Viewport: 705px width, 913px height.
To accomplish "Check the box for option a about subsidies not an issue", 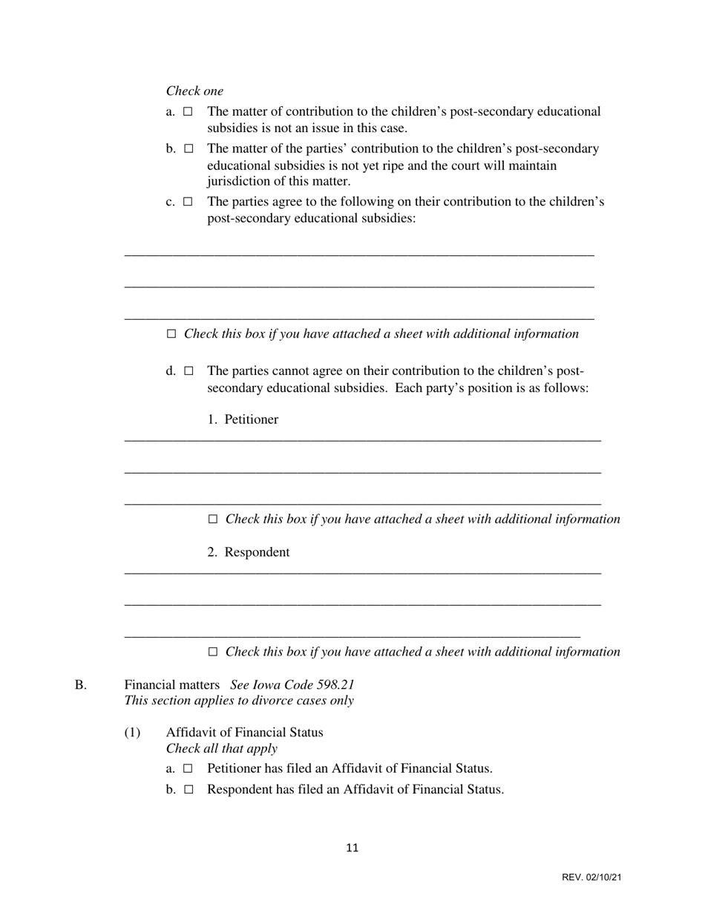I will point(188,111).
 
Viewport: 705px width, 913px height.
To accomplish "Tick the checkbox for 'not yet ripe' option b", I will point(188,148).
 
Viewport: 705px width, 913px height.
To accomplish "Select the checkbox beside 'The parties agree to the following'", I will point(188,201).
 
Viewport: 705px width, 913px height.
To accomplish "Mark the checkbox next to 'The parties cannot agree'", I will point(188,370).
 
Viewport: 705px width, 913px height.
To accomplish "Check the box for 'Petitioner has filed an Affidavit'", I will point(188,768).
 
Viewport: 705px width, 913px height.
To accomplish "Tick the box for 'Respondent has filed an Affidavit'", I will point(188,789).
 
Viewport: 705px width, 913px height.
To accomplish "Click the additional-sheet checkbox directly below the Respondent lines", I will point(213,652).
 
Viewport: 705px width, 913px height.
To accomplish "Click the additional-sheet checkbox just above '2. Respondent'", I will point(213,519).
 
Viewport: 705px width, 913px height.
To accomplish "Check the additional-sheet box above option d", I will point(171,334).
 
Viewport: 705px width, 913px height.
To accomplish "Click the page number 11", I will point(352,848).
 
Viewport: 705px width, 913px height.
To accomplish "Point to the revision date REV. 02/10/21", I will point(591,877).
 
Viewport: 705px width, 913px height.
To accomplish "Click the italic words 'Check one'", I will point(194,91).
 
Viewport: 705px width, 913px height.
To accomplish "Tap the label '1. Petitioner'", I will point(243,419).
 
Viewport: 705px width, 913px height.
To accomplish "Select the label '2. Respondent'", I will point(249,552).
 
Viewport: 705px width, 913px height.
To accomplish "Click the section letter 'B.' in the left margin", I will point(80,684).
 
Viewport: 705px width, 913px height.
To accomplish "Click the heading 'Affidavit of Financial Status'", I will point(244,732).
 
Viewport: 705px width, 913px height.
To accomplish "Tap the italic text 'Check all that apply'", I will point(222,748).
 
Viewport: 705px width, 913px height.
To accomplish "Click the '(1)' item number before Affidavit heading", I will point(132,732).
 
